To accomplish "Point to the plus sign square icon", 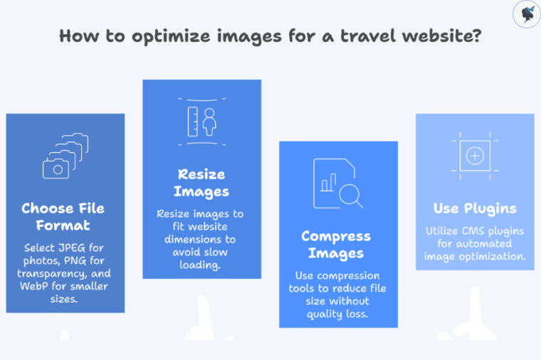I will pyautogui.click(x=475, y=155).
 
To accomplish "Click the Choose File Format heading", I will pyautogui.click(x=63, y=217).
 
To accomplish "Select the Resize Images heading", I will pyautogui.click(x=201, y=183).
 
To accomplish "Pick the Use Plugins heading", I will pyautogui.click(x=475, y=208).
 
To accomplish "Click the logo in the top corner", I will pyautogui.click(x=526, y=14).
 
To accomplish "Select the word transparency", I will pyautogui.click(x=56, y=274).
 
